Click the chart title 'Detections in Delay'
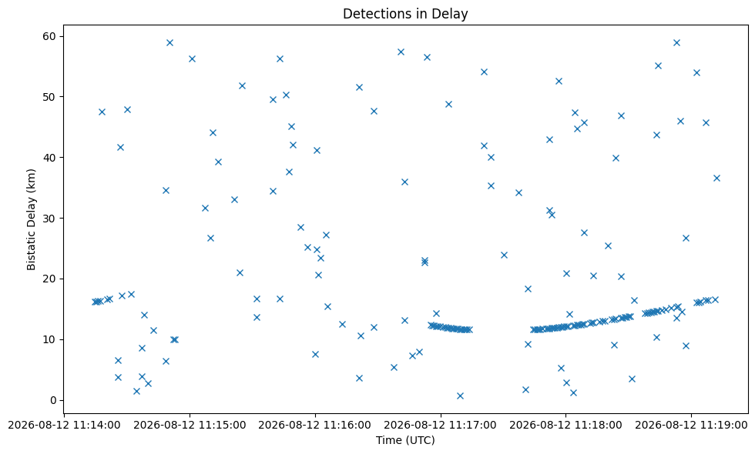tap(405, 14)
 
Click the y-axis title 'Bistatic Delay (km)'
tap(32, 219)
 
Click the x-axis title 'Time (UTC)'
tap(405, 440)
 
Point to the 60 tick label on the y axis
tap(49, 37)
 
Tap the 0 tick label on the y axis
tap(53, 400)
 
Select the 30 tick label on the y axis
tap(49, 219)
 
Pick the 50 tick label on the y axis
tap(49, 97)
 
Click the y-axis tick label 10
tap(49, 339)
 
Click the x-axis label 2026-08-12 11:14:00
tap(65, 425)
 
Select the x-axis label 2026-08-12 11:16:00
tap(315, 425)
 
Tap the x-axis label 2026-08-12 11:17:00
tap(440, 425)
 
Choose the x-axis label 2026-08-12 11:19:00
tap(691, 425)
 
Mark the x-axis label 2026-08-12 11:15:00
tap(190, 425)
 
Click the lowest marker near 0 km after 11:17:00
tap(460, 396)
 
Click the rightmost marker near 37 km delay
tap(716, 178)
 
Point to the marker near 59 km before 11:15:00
tap(169, 43)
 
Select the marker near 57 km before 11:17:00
tap(401, 52)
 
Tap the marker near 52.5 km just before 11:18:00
tap(559, 82)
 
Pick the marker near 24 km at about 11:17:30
tap(504, 255)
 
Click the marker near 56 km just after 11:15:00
tap(192, 58)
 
